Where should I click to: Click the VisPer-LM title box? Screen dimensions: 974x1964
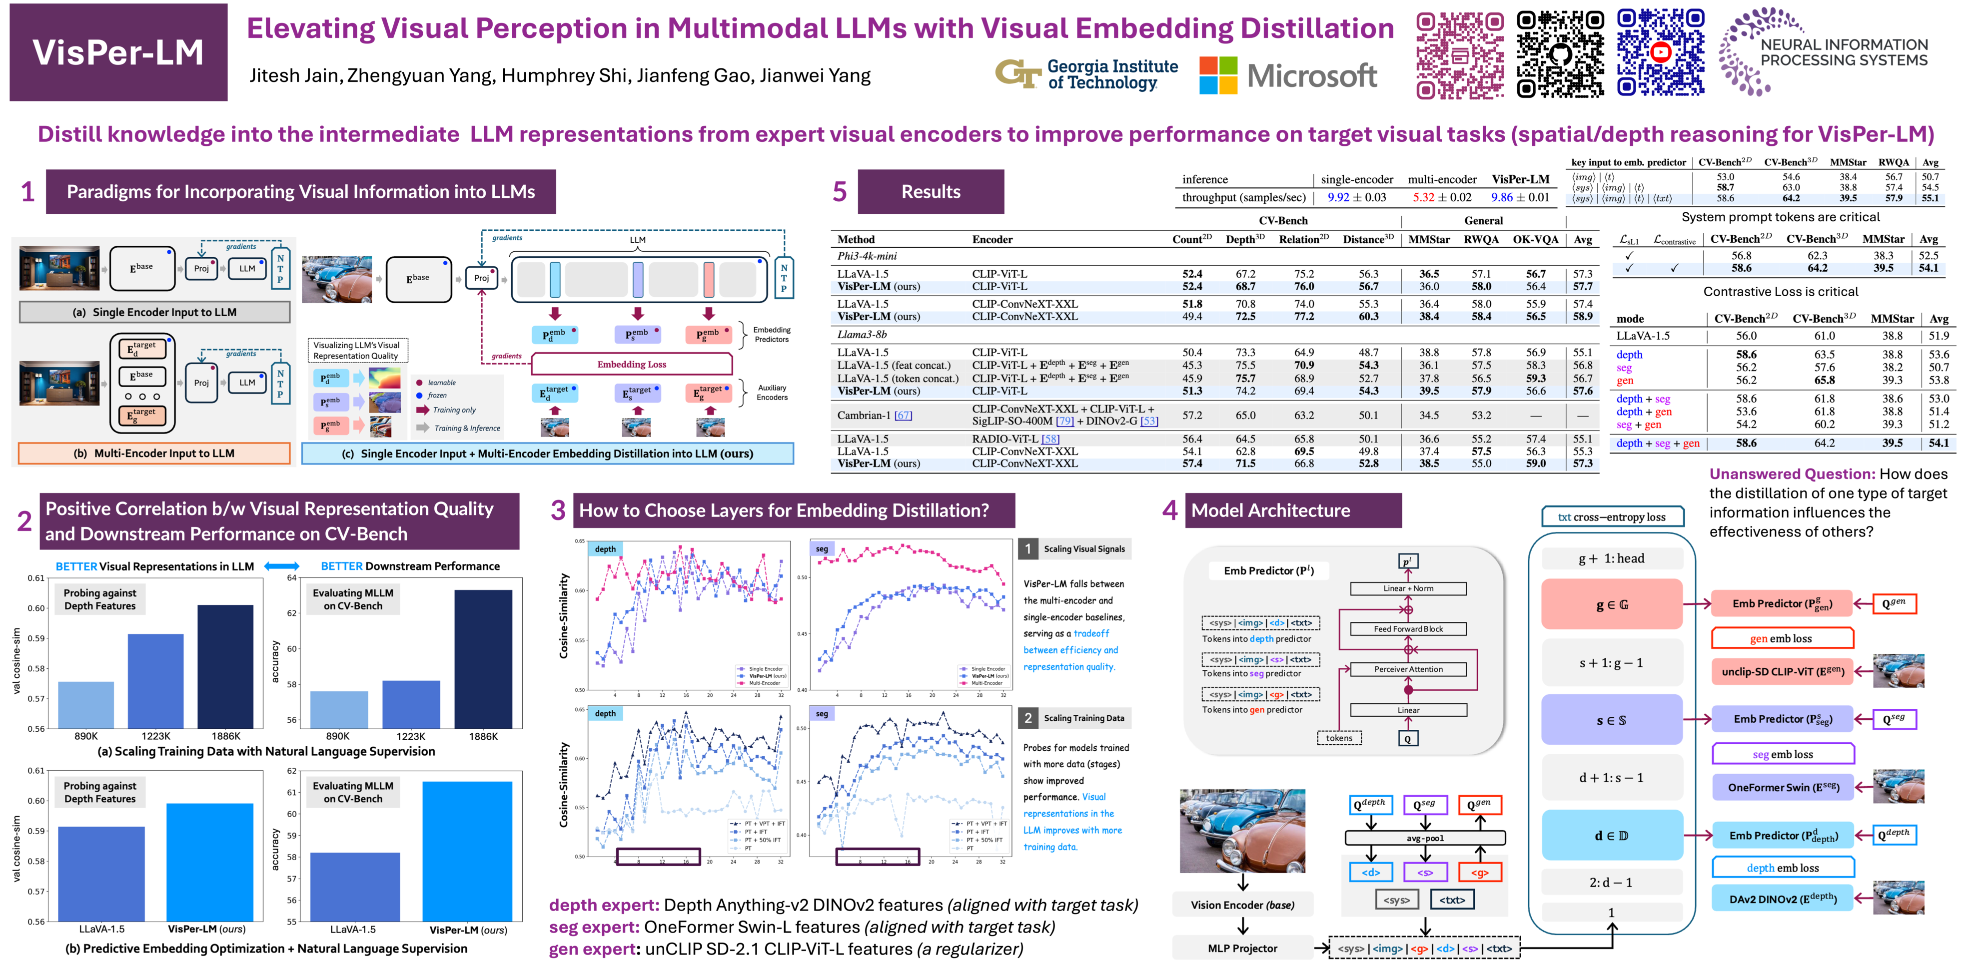click(x=118, y=52)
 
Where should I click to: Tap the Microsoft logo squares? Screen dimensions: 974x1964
click(x=1217, y=75)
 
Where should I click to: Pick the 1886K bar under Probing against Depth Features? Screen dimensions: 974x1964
click(x=226, y=666)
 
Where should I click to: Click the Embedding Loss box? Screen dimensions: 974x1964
click(x=631, y=364)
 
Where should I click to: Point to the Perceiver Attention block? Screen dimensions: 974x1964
click(x=1408, y=669)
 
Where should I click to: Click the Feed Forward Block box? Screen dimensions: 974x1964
click(x=1408, y=629)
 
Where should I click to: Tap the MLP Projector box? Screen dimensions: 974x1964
click(x=1243, y=948)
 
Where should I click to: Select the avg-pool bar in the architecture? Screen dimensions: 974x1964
click(x=1425, y=838)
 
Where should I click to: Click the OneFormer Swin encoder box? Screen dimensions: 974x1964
click(x=1783, y=787)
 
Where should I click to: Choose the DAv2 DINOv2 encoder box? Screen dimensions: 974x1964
click(x=1783, y=899)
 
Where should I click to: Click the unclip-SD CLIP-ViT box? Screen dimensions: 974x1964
click(x=1783, y=671)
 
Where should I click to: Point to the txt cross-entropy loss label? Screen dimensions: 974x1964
click(x=1612, y=517)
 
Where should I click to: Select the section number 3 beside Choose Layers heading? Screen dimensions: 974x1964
click(x=558, y=510)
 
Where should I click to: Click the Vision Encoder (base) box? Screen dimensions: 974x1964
click(x=1243, y=905)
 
